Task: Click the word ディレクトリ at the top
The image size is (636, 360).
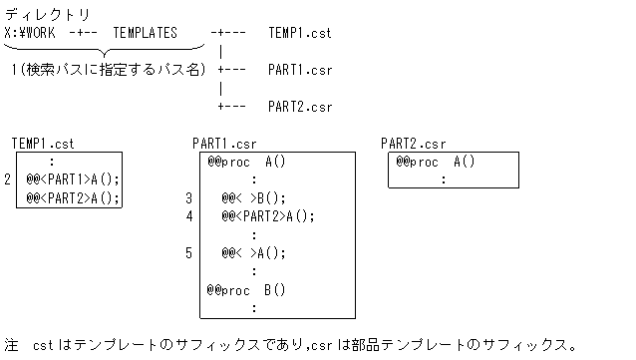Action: click(47, 15)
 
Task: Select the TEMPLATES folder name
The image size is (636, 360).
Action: click(145, 33)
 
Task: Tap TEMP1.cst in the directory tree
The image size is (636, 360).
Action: click(300, 33)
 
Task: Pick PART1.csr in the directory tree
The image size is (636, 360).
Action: click(300, 70)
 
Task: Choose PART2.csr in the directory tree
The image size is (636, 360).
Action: click(300, 106)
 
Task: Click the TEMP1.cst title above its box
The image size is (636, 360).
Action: click(43, 144)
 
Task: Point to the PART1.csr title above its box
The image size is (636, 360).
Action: click(224, 144)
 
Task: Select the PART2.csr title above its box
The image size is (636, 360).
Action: click(413, 144)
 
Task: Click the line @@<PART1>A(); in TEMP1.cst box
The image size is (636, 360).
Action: click(72, 180)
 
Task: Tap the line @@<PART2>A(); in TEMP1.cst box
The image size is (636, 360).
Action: click(72, 197)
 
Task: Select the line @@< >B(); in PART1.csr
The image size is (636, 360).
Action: click(253, 197)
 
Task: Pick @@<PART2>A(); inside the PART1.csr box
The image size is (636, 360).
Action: click(267, 215)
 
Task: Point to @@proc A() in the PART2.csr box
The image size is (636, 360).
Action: click(435, 162)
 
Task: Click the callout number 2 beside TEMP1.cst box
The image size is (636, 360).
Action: click(8, 180)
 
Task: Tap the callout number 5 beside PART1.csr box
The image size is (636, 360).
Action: click(188, 252)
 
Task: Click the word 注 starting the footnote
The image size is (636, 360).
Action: click(11, 345)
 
